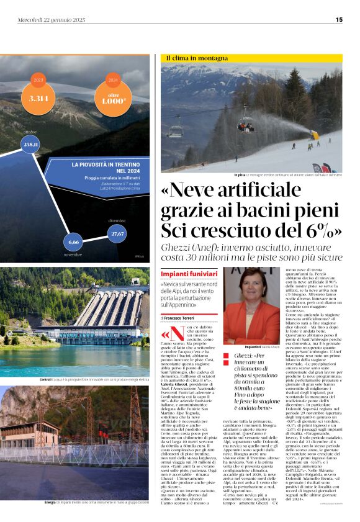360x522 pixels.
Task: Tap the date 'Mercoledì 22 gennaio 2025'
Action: [x=51, y=19]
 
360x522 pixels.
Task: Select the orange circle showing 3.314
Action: [x=38, y=97]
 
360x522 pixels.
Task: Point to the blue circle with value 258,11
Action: [x=31, y=145]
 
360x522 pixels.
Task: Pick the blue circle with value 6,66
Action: [x=73, y=241]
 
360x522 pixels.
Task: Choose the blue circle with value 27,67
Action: [x=117, y=233]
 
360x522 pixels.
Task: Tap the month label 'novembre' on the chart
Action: [x=73, y=254]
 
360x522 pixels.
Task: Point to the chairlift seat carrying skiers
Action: [x=247, y=126]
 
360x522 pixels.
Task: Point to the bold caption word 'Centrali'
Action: [x=45, y=379]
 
